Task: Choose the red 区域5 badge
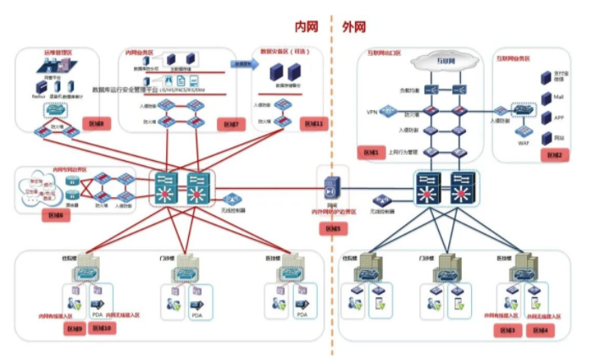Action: click(332, 228)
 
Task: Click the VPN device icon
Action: click(388, 111)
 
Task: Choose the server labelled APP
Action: click(544, 117)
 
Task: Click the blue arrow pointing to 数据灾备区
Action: click(244, 64)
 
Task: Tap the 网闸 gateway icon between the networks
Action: click(332, 187)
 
